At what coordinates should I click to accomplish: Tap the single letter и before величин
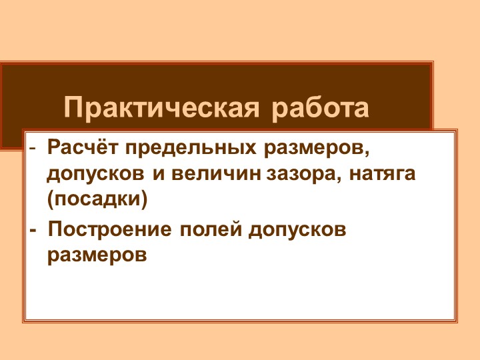click(159, 174)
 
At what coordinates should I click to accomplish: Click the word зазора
click(298, 174)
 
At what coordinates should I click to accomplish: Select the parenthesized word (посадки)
click(97, 199)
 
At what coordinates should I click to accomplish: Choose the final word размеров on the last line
click(97, 255)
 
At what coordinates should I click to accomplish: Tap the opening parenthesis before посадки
click(51, 199)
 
